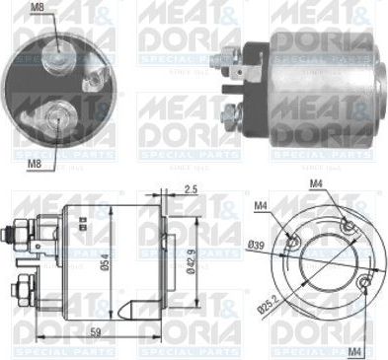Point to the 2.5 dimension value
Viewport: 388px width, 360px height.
pos(192,188)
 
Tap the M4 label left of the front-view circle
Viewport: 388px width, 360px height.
pos(260,205)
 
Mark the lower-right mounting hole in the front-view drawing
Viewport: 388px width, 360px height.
pos(366,284)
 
